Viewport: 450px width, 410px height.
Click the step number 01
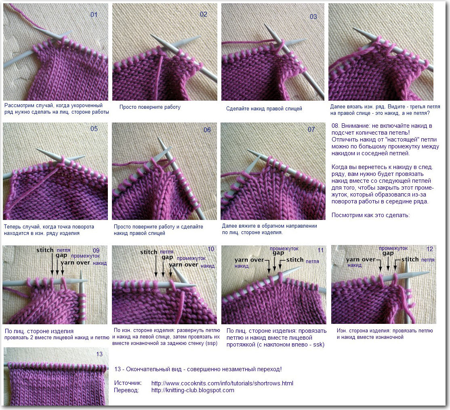(94, 15)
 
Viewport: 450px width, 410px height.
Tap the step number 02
(204, 15)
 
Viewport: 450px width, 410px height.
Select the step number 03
(313, 17)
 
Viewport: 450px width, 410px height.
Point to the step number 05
(94, 129)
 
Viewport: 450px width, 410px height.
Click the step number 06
(207, 130)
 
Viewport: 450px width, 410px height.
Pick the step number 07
(311, 129)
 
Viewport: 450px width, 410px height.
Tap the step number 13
(99, 354)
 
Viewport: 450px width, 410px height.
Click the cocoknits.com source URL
(222, 383)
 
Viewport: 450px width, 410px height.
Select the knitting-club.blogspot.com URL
(193, 390)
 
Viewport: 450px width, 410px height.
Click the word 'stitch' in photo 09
(45, 250)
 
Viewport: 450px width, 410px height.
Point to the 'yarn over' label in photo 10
(183, 264)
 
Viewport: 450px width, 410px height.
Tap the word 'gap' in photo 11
(278, 253)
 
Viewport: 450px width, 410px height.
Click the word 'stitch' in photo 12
(410, 259)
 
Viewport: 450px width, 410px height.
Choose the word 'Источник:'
(128, 383)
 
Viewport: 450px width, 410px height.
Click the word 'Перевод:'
(126, 390)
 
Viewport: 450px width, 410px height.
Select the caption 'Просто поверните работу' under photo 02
(150, 107)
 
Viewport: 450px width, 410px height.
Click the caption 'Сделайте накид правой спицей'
(264, 109)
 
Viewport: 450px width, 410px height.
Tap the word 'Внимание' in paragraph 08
(354, 126)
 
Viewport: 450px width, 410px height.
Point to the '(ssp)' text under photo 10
(212, 343)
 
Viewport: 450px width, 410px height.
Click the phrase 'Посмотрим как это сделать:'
(370, 215)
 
